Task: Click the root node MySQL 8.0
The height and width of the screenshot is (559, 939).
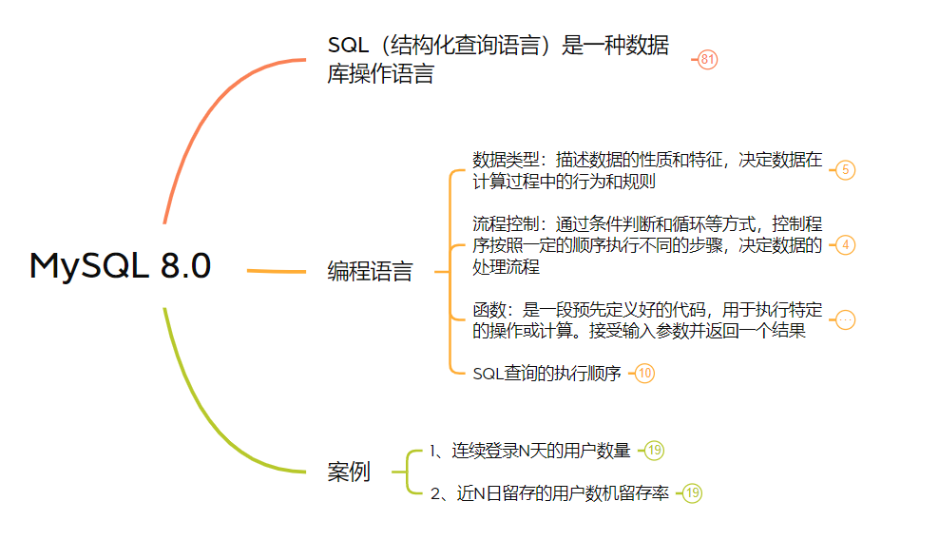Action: pyautogui.click(x=121, y=265)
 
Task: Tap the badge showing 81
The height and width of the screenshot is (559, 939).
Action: pyautogui.click(x=707, y=59)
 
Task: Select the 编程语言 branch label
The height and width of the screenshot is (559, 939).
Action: pyautogui.click(x=370, y=271)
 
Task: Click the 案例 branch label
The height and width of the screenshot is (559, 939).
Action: pyautogui.click(x=349, y=472)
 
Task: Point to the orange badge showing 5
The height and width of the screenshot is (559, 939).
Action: pyautogui.click(x=845, y=170)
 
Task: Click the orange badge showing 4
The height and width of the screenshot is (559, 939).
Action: pyautogui.click(x=845, y=245)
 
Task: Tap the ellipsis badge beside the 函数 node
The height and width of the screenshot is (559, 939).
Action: pyautogui.click(x=845, y=320)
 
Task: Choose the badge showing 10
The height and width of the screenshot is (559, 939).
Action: pyautogui.click(x=644, y=374)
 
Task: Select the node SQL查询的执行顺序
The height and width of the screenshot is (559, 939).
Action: pyautogui.click(x=546, y=374)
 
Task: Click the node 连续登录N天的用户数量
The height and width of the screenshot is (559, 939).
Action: pyautogui.click(x=530, y=451)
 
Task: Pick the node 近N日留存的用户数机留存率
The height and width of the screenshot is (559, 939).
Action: pyautogui.click(x=549, y=493)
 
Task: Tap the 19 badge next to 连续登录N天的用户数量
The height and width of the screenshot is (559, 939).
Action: pyautogui.click(x=654, y=451)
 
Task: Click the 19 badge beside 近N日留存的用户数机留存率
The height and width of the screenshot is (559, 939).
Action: pyautogui.click(x=692, y=493)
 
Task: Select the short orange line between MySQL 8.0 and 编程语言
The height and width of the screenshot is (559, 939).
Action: pyautogui.click(x=276, y=271)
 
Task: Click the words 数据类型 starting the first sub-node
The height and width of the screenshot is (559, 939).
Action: pyautogui.click(x=506, y=160)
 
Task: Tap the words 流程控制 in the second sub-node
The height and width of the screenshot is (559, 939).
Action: pyautogui.click(x=506, y=224)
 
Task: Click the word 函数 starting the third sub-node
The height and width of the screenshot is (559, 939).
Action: pyautogui.click(x=489, y=310)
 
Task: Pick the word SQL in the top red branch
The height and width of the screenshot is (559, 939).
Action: pyautogui.click(x=348, y=45)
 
